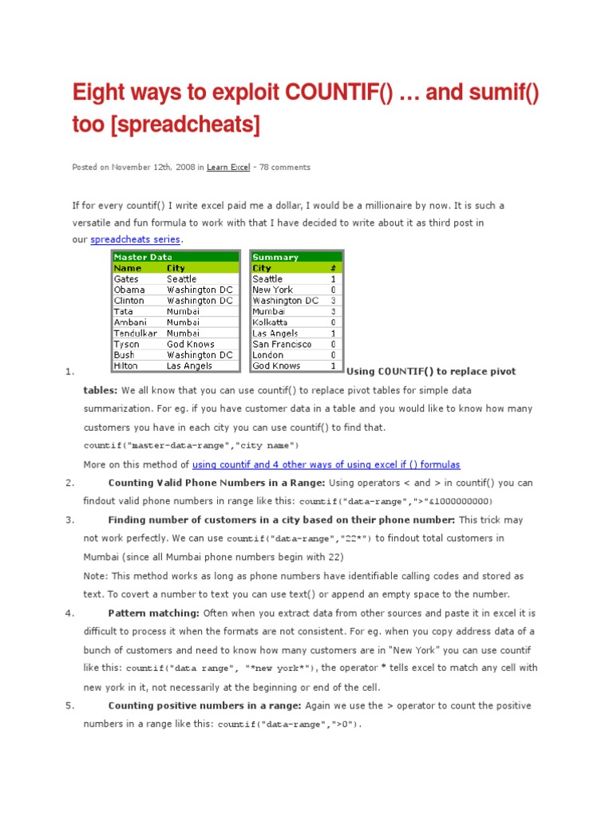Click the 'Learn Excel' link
[228, 168]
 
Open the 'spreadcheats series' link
[136, 239]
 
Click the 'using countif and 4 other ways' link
[326, 464]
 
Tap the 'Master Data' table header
[144, 257]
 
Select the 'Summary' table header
[275, 257]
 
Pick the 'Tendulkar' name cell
[136, 334]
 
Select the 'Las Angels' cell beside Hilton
[190, 365]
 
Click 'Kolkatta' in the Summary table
[270, 322]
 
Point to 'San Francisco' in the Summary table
[282, 344]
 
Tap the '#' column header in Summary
[333, 268]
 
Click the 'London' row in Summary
[268, 355]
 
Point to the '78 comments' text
[283, 168]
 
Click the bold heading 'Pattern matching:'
[154, 613]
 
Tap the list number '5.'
[70, 705]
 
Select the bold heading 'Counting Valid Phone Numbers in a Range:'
[216, 483]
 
